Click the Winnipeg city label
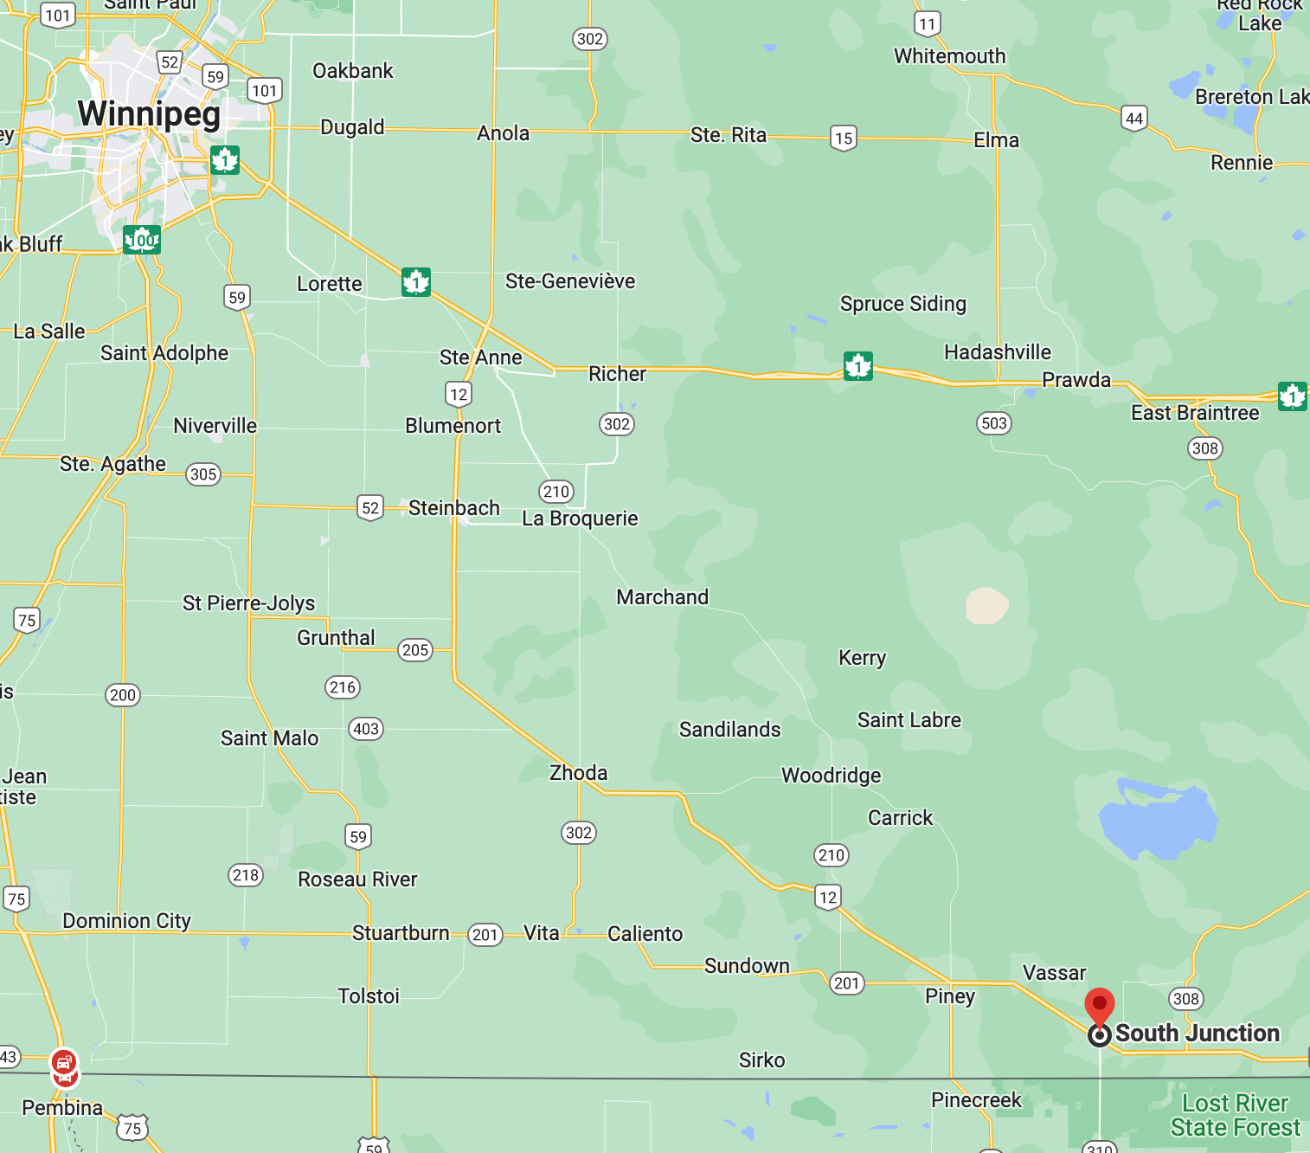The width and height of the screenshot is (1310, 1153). pyautogui.click(x=149, y=114)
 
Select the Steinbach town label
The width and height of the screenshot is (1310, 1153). pyautogui.click(x=453, y=508)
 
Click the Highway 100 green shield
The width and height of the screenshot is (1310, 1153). pyautogui.click(x=142, y=239)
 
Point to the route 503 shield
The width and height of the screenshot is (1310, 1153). pyautogui.click(x=994, y=423)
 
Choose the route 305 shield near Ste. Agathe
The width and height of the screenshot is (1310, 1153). pyautogui.click(x=203, y=474)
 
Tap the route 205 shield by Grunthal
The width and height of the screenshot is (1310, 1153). pyautogui.click(x=415, y=650)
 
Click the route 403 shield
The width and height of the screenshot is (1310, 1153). pyautogui.click(x=366, y=729)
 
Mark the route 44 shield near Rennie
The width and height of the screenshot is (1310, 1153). pyautogui.click(x=1133, y=119)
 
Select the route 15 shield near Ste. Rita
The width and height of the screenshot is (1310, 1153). pyautogui.click(x=844, y=138)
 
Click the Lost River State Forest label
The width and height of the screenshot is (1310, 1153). pyautogui.click(x=1235, y=1116)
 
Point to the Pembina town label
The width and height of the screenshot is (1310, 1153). pyautogui.click(x=62, y=1108)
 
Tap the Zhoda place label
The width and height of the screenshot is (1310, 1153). pyautogui.click(x=578, y=773)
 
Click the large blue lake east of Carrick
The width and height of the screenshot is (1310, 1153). pyautogui.click(x=1157, y=820)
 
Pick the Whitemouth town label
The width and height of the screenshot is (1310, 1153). pyautogui.click(x=949, y=56)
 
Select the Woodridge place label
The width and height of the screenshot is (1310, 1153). pyautogui.click(x=831, y=776)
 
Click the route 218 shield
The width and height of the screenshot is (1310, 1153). pyautogui.click(x=246, y=875)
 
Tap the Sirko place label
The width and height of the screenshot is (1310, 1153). pyautogui.click(x=761, y=1060)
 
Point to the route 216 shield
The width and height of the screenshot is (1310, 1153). pyautogui.click(x=343, y=687)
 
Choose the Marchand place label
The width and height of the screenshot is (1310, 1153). pyautogui.click(x=662, y=597)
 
